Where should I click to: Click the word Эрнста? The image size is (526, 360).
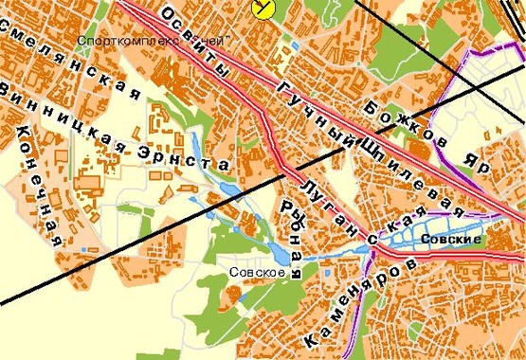pyautogui.click(x=189, y=153)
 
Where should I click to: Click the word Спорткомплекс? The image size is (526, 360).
pyautogui.click(x=119, y=42)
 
